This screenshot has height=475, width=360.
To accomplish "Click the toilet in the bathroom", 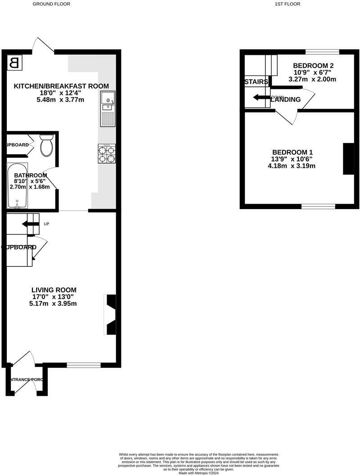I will coord(46,145).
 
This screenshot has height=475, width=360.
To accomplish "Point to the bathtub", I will coord(17,185).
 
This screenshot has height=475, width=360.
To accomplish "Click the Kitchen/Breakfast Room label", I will coord(61,86).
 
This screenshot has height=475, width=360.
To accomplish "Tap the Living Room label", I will coord(54,290).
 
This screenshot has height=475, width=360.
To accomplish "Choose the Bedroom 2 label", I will coord(313,66).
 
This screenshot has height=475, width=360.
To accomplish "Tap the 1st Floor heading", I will coord(287,4).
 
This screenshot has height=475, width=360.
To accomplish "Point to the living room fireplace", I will coord(110,314).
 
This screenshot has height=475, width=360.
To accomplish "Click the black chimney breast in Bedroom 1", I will coord(348,158).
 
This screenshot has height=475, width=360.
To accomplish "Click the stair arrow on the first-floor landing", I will coord(261,97).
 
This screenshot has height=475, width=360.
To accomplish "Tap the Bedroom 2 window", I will coord(322,52).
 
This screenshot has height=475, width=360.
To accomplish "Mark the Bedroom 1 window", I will coord(318,206).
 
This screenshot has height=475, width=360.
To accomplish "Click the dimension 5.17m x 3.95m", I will coord(54,304).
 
